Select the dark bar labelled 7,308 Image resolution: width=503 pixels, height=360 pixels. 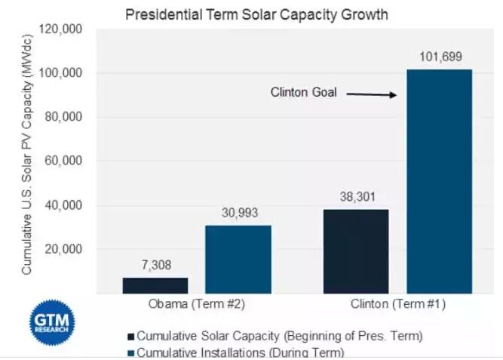pyautogui.click(x=155, y=285)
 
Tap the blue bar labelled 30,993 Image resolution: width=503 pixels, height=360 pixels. pyautogui.click(x=238, y=259)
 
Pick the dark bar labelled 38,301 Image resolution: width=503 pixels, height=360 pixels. pyautogui.click(x=357, y=251)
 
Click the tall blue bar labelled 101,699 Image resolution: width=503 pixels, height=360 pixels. pyautogui.click(x=440, y=181)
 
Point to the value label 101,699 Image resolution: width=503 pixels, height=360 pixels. pyautogui.click(x=440, y=57)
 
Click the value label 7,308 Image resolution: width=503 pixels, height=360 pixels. pyautogui.click(x=156, y=266)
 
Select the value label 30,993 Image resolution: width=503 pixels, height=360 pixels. pyautogui.click(x=238, y=213)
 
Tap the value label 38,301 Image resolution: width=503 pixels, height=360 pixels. pyautogui.click(x=357, y=196)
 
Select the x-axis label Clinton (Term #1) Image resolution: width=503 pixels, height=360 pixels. pyautogui.click(x=397, y=306)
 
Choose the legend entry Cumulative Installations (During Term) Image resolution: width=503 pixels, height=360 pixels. pyautogui.click(x=238, y=352)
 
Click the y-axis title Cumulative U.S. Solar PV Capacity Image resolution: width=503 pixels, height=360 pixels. pyautogui.click(x=26, y=151)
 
